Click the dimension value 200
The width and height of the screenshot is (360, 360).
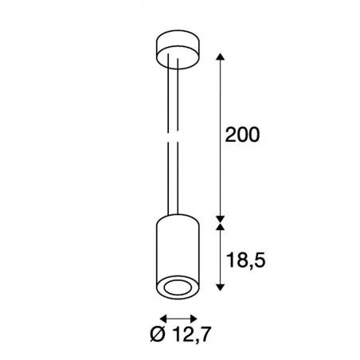241,135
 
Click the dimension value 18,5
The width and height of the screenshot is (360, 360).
244,261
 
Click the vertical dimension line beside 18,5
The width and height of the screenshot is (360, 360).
221,261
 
